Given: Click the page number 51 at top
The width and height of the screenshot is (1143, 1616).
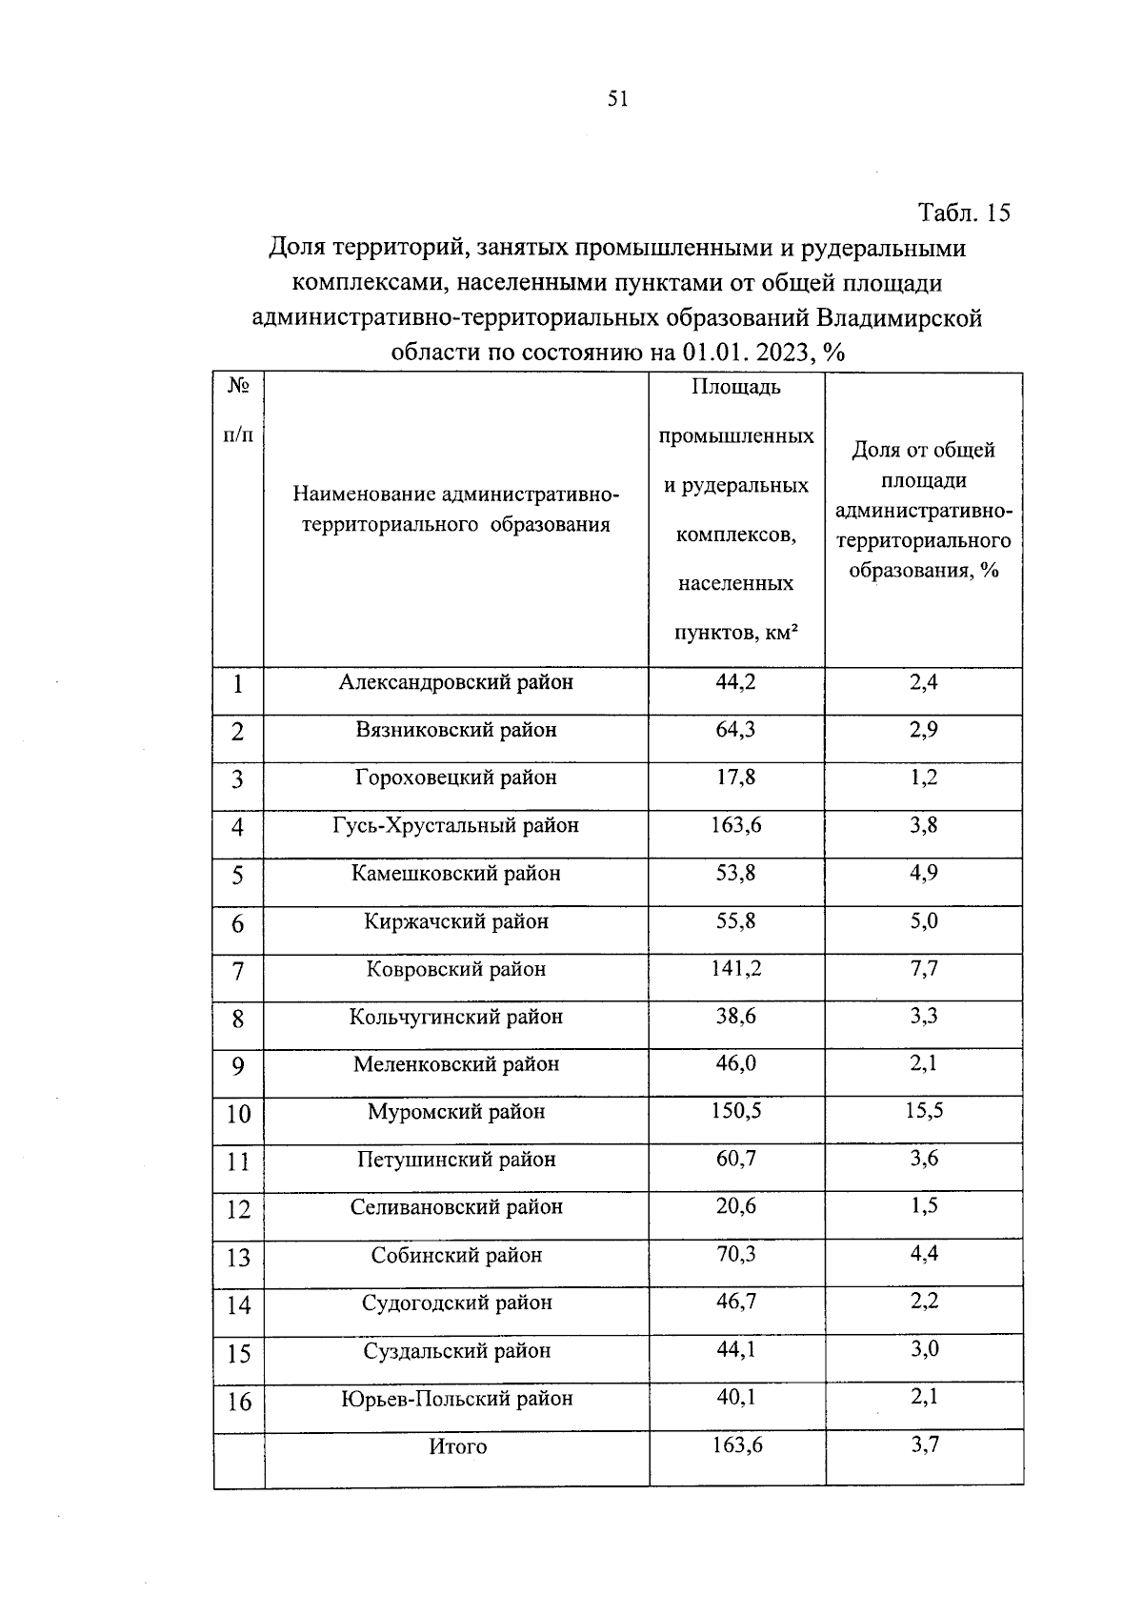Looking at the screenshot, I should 617,99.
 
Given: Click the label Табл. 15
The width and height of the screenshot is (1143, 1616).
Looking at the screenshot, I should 963,212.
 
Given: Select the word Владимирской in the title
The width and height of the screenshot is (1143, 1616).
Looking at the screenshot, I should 899,317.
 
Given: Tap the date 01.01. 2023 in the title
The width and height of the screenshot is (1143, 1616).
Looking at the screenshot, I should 742,353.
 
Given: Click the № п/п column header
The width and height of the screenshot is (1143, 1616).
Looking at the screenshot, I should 238,411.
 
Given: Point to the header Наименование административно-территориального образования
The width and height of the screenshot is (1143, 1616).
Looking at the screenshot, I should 455,510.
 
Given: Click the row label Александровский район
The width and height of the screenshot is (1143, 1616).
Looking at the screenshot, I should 455,682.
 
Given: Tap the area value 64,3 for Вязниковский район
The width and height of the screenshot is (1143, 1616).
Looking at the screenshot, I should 735,730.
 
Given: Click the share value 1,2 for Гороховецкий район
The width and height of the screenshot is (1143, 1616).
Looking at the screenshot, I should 923,778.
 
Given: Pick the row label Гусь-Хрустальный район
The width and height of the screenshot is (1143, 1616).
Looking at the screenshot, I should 455,825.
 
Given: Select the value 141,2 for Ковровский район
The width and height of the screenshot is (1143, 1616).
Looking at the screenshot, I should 735,969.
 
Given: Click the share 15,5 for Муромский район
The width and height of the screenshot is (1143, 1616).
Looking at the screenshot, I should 923,1111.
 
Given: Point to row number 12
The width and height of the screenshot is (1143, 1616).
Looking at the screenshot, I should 238,1210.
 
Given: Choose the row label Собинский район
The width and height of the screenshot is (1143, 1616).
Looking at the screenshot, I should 456,1255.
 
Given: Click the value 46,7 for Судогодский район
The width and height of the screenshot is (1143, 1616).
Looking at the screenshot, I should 735,1302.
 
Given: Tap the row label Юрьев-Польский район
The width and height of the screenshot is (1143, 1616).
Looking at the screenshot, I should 456,1399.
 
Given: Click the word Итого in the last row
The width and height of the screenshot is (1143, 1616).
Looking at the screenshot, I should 457,1446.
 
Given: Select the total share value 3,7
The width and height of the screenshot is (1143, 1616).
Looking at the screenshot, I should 924,1445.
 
